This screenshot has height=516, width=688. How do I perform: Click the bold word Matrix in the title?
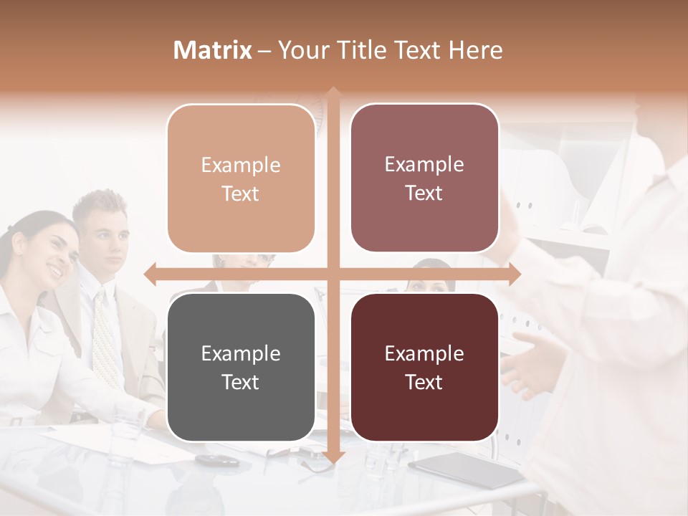[213, 50]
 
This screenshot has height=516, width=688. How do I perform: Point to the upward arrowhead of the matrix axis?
[333, 93]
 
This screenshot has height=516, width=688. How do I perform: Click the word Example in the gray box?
[241, 353]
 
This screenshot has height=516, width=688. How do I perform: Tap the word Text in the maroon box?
[424, 382]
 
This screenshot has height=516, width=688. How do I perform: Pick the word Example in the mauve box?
[424, 164]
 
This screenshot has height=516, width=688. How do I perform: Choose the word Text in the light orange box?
[241, 193]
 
